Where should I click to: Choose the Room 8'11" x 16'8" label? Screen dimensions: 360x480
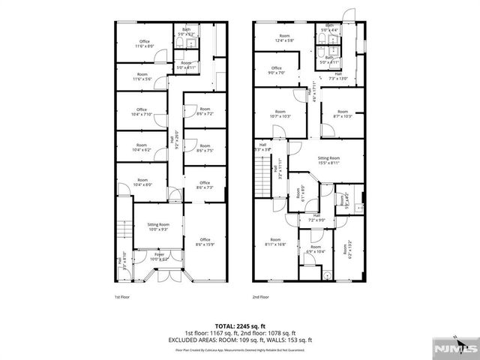(275, 242)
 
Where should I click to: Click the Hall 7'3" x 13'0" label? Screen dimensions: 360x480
(338, 76)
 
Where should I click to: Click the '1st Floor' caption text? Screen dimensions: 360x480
(122, 297)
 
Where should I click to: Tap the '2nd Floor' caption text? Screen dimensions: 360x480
(260, 297)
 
